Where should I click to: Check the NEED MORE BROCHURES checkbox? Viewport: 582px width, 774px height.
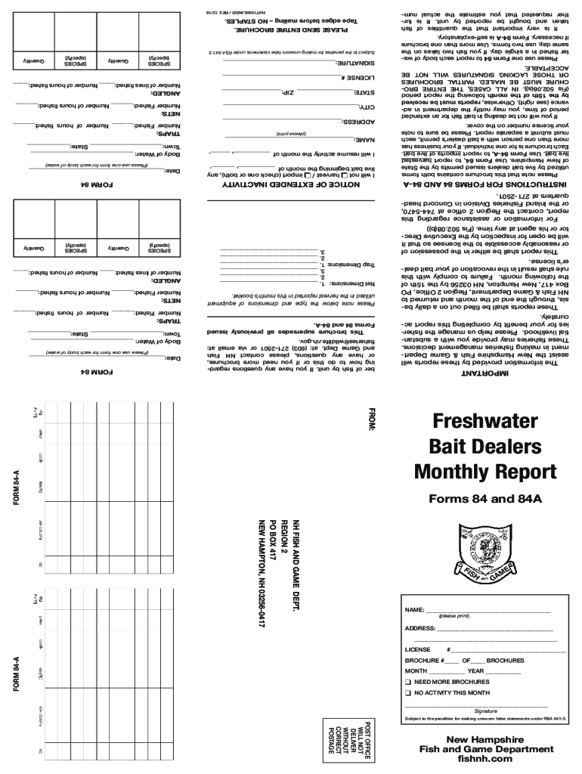408,682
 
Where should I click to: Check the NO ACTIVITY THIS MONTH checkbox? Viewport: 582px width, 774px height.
408,692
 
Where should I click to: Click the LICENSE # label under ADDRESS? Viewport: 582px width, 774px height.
419,649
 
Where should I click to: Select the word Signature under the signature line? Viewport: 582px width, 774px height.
484,711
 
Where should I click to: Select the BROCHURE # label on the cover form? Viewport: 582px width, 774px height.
427,660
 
